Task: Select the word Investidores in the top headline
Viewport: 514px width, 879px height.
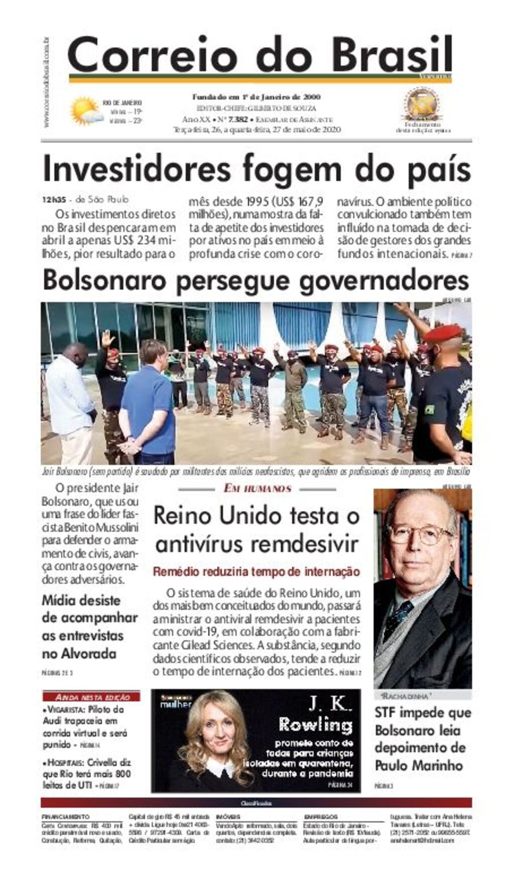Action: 137,169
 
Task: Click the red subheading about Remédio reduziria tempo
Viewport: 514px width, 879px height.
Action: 256,572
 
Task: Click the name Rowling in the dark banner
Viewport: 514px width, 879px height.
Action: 316,725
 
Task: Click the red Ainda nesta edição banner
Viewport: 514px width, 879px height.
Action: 91,697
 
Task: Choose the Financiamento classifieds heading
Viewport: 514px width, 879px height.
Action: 66,817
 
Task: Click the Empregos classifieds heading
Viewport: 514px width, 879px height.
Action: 321,817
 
